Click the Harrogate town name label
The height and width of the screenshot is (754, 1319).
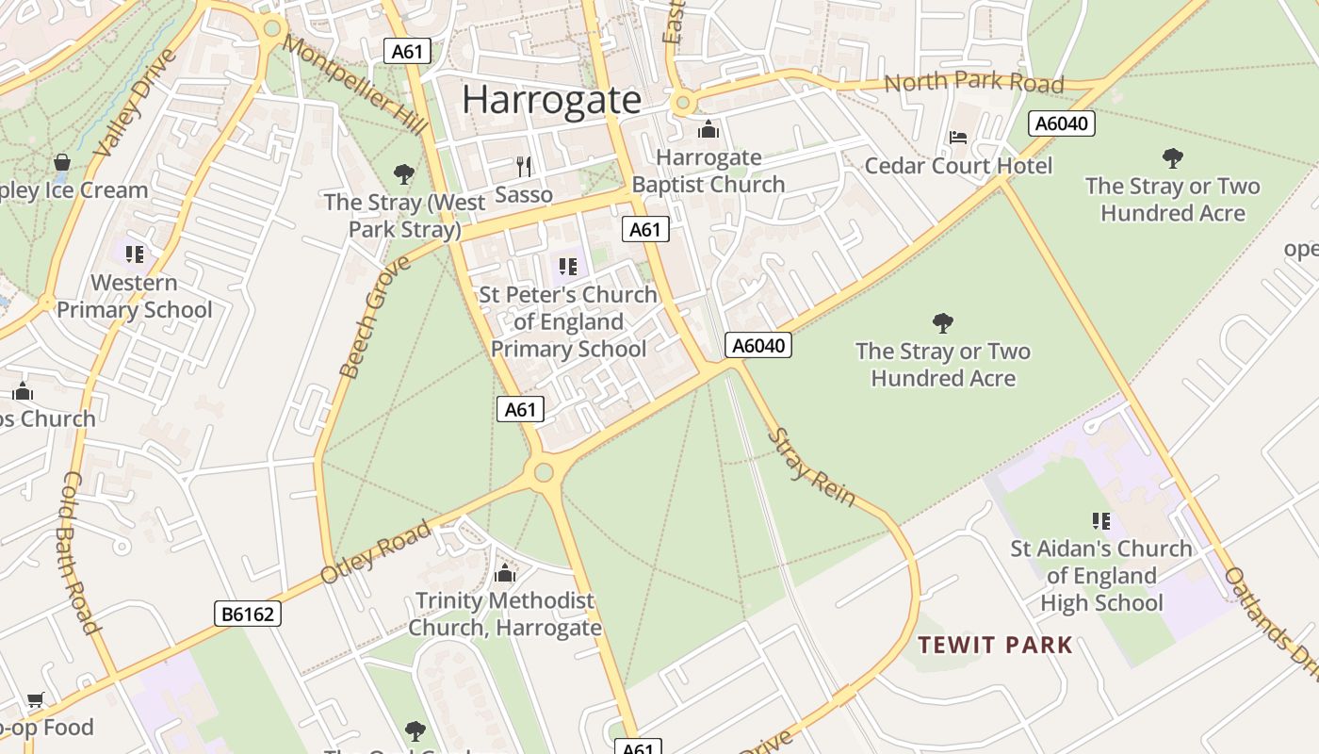click(x=551, y=100)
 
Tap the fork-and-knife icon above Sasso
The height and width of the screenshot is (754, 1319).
click(x=524, y=167)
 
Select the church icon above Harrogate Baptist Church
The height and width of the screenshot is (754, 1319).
click(x=708, y=129)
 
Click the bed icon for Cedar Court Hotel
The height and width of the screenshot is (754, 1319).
click(x=958, y=138)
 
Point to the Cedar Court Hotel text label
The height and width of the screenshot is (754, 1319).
click(x=958, y=166)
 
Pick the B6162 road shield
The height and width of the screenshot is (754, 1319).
click(x=248, y=615)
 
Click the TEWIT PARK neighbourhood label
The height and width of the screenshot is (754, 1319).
click(x=995, y=646)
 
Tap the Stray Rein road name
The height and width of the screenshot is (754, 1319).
click(x=811, y=467)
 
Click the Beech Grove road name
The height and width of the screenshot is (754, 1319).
click(x=374, y=317)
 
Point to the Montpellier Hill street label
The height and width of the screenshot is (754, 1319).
click(x=353, y=85)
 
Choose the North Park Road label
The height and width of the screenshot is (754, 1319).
click(x=973, y=83)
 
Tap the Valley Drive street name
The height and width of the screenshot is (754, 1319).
click(x=138, y=103)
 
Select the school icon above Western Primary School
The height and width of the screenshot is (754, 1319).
click(x=135, y=254)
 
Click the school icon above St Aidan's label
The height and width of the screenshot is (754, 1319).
click(x=1100, y=520)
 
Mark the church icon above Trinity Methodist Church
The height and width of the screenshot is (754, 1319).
click(x=505, y=573)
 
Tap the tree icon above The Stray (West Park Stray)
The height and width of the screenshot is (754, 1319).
click(x=404, y=174)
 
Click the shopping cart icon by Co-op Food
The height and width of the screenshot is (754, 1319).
click(x=36, y=699)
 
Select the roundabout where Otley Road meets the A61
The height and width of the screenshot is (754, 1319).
click(x=544, y=472)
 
